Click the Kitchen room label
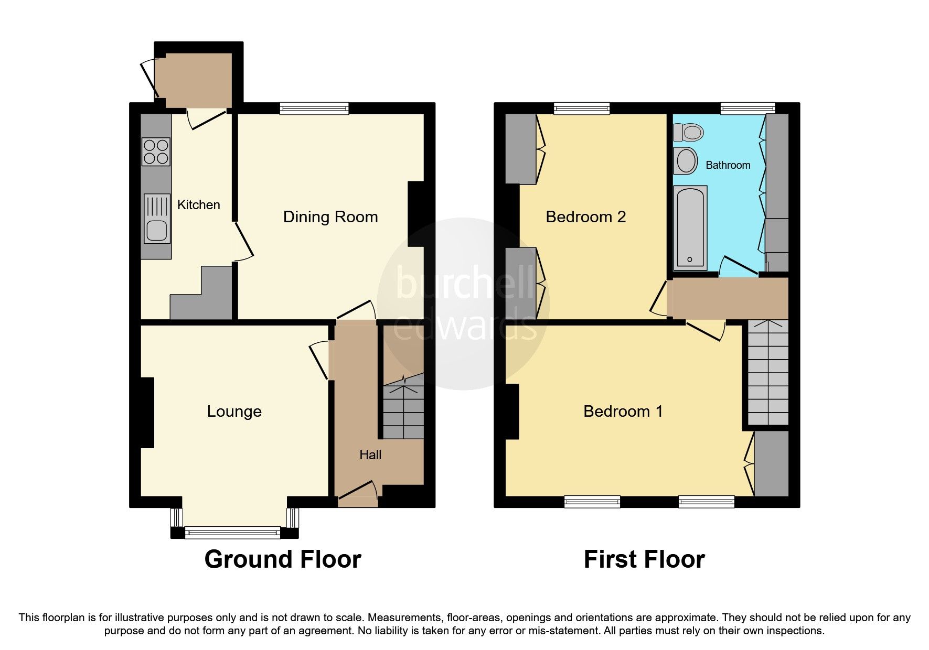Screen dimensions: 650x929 point(198,205)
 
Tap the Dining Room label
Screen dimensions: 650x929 point(330,217)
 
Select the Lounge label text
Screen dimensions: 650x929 point(234,411)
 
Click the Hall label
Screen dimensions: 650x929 point(370,455)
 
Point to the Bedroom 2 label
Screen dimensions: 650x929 point(586,217)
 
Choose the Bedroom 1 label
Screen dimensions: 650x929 point(623,411)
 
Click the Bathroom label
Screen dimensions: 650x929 point(728,166)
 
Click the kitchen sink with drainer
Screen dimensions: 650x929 point(156,219)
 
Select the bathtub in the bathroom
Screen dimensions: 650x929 point(690,227)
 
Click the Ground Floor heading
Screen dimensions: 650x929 point(283,559)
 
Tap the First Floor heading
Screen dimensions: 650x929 point(644,559)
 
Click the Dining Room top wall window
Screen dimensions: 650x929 point(314,109)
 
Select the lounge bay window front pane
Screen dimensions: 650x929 point(233,533)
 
